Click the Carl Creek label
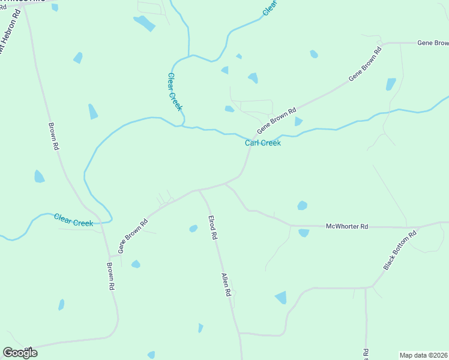[x=263, y=143]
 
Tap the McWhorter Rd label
[x=346, y=226]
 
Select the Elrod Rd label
[x=212, y=228]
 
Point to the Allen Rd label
[x=226, y=285]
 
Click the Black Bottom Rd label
[x=400, y=250]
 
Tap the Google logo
[x=20, y=352]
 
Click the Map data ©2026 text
[x=424, y=355]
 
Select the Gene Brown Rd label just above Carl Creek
[x=277, y=121]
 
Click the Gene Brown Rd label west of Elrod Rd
[x=133, y=236]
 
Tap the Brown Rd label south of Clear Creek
[x=110, y=277]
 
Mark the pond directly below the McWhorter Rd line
[x=304, y=233]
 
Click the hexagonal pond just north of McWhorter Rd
[x=303, y=205]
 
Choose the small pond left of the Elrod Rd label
[x=193, y=229]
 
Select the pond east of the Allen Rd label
[x=280, y=298]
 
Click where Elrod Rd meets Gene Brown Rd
[x=199, y=190]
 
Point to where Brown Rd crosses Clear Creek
[x=101, y=223]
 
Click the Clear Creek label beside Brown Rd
[x=73, y=220]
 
